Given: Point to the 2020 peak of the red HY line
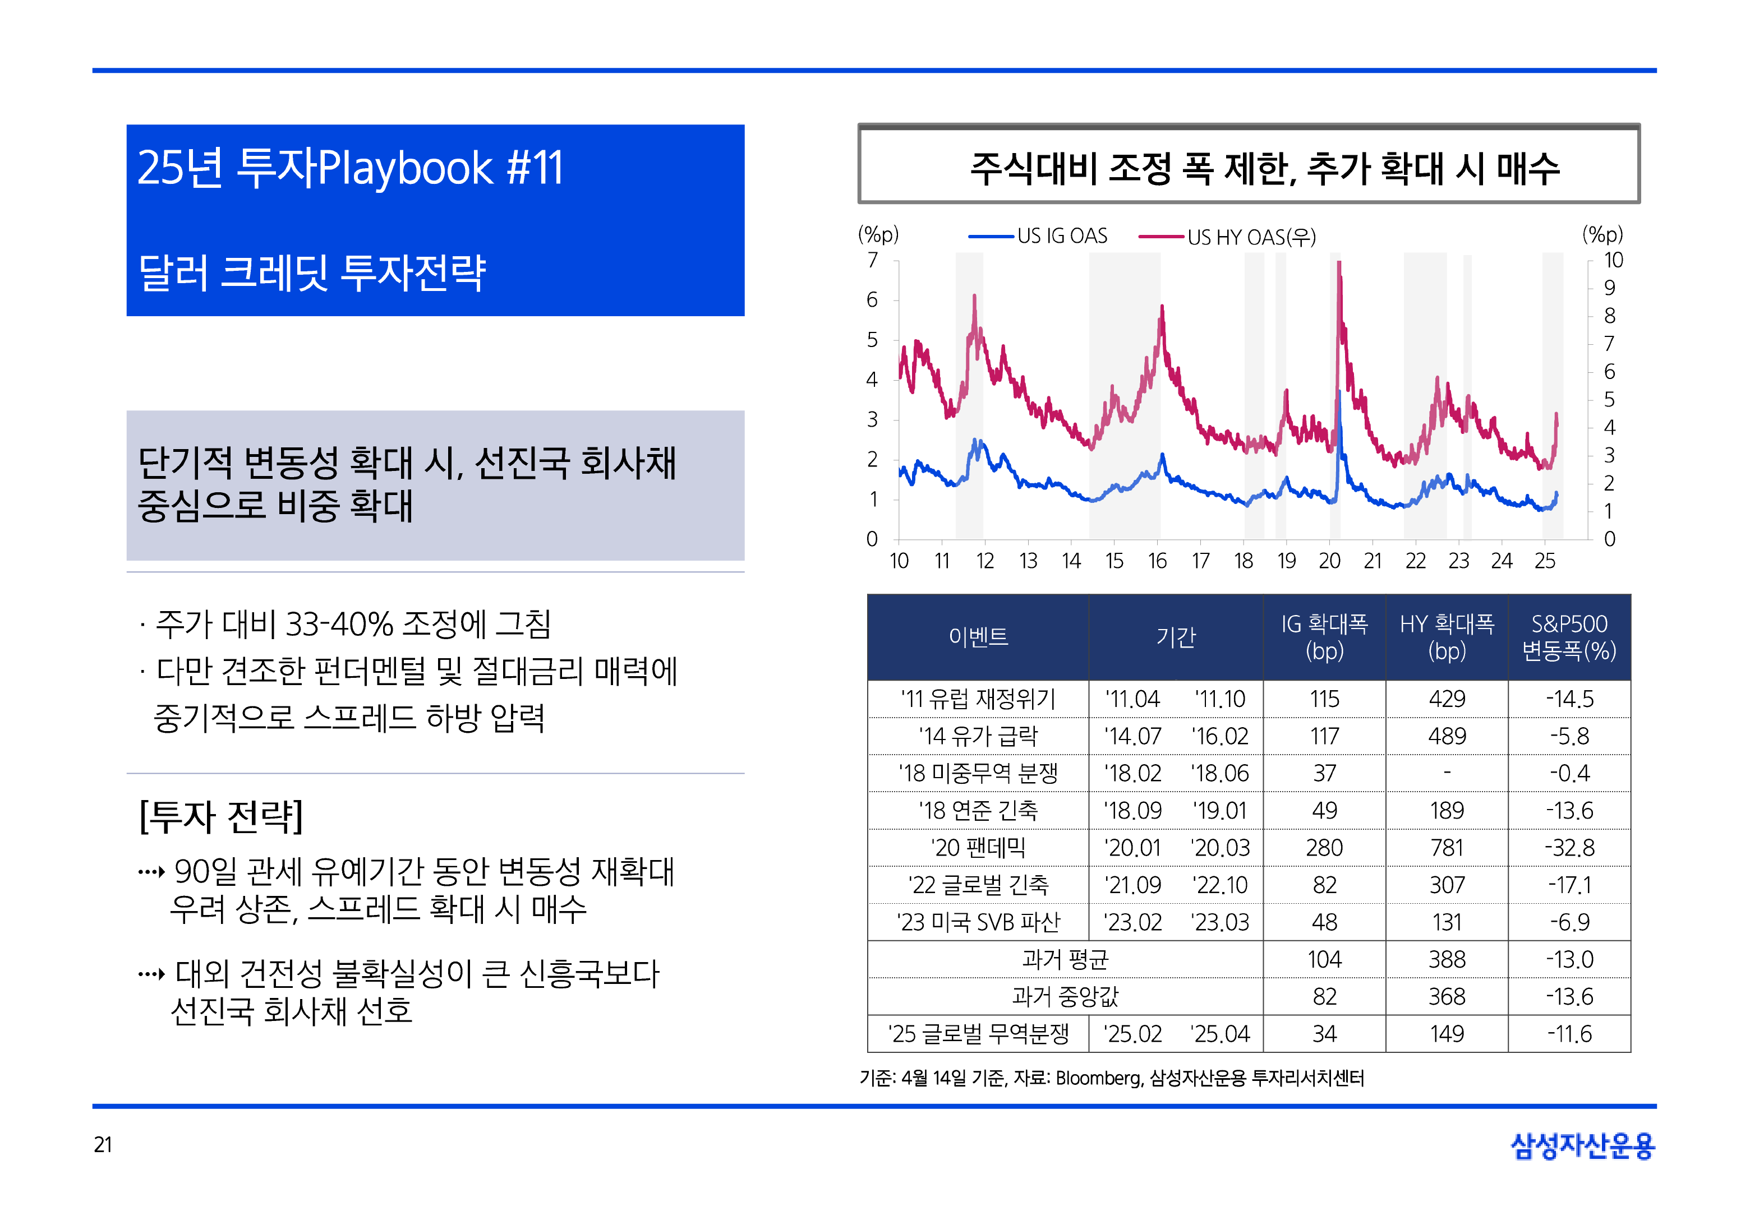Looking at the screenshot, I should [x=1339, y=264].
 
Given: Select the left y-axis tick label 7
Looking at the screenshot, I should [x=872, y=260].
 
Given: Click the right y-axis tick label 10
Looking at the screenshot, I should [x=1613, y=260].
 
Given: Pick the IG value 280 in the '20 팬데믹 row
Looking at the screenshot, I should [x=1324, y=848].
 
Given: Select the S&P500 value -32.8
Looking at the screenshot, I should [x=1569, y=848].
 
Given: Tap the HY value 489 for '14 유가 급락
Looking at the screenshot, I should [x=1447, y=736].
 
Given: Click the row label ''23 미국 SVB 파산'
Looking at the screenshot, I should [x=978, y=922].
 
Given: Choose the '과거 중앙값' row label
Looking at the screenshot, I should [x=1064, y=996].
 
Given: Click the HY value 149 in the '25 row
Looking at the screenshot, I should [x=1447, y=1033].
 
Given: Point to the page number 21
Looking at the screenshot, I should [x=103, y=1144].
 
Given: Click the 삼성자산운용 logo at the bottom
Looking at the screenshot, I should [x=1582, y=1146].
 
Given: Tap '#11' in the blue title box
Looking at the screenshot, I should [x=535, y=168].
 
